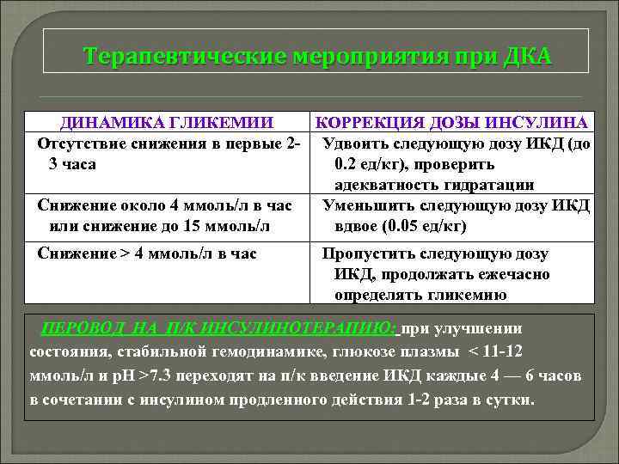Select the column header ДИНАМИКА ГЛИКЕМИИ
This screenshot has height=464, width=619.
pos(167,123)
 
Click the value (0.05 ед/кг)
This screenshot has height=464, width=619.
pos(416,225)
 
